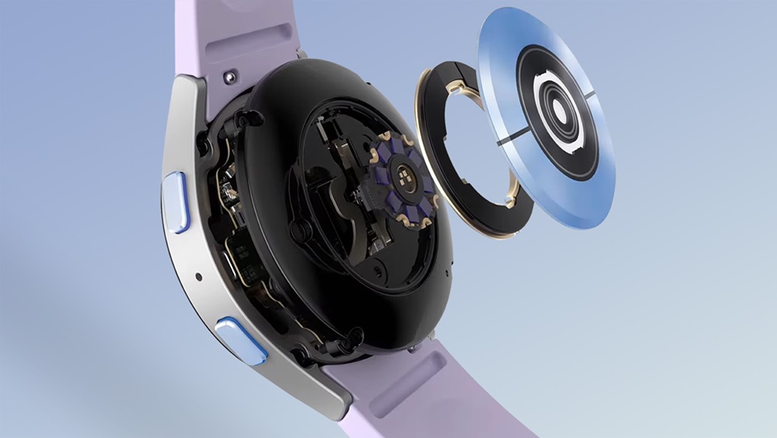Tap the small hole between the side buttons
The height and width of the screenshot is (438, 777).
click(x=200, y=276)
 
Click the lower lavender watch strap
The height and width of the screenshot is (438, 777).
click(x=435, y=397)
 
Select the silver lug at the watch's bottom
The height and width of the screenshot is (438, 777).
click(x=311, y=389)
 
